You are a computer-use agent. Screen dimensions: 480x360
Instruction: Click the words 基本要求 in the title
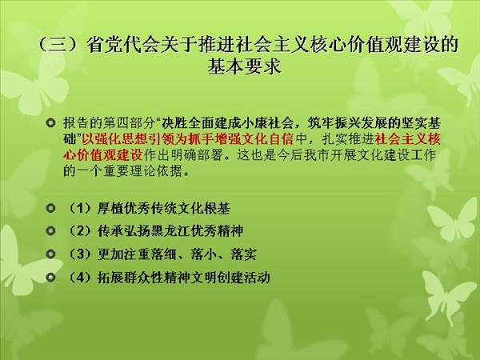[x=244, y=66]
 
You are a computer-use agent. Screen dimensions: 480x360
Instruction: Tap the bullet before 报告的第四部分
[x=50, y=123]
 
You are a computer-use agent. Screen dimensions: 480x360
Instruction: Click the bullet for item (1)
[x=50, y=208]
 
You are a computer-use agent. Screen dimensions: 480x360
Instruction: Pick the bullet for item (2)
[x=50, y=231]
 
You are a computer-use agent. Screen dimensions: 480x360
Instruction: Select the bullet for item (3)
[x=50, y=254]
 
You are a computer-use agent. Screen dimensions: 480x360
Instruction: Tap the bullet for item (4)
[x=50, y=278]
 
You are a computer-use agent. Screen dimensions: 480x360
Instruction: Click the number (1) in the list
[x=80, y=209]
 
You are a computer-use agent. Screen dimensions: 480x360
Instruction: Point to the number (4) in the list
[x=80, y=278]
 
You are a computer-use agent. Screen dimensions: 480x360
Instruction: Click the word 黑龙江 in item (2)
[x=170, y=231]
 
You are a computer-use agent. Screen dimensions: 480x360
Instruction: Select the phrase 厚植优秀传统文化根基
[x=164, y=209]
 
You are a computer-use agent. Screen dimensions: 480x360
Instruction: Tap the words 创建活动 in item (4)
[x=244, y=278]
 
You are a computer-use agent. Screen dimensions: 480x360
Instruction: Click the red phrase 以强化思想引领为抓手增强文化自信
[x=188, y=139]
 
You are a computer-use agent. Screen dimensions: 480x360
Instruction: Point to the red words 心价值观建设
[x=103, y=155]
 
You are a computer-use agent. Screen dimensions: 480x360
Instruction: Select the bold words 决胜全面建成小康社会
[x=227, y=123]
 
